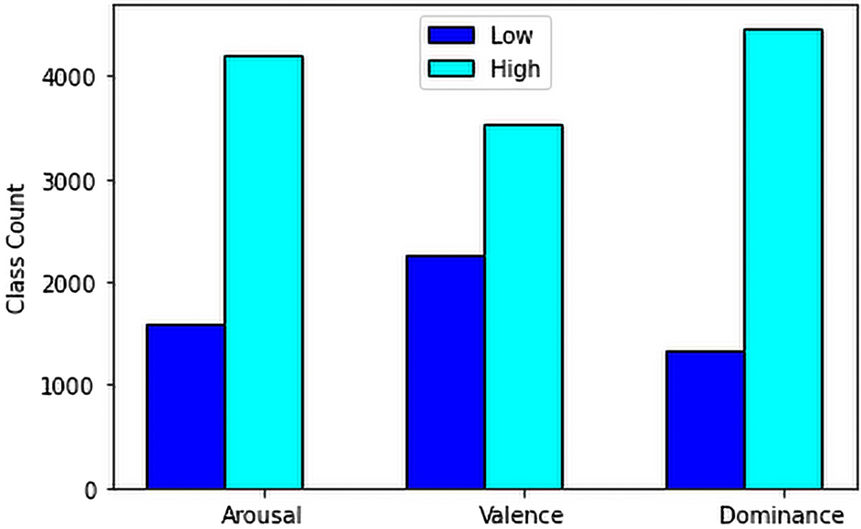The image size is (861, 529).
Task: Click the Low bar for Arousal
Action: point(186,407)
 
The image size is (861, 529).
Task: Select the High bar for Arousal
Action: point(264,273)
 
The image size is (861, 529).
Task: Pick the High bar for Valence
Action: point(524,307)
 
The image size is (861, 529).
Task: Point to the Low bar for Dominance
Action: point(705,420)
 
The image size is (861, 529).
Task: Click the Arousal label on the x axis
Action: point(263,514)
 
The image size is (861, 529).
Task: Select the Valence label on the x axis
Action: point(524,514)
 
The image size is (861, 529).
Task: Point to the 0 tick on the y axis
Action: point(91,490)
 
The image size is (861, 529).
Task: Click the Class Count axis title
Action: point(16,248)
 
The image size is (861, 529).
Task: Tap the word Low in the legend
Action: point(511,36)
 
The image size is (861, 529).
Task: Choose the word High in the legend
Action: point(515,68)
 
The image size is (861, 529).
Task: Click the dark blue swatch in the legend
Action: point(451,36)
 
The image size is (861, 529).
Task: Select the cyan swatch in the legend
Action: point(451,68)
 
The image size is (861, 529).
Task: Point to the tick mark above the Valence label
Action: point(524,493)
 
